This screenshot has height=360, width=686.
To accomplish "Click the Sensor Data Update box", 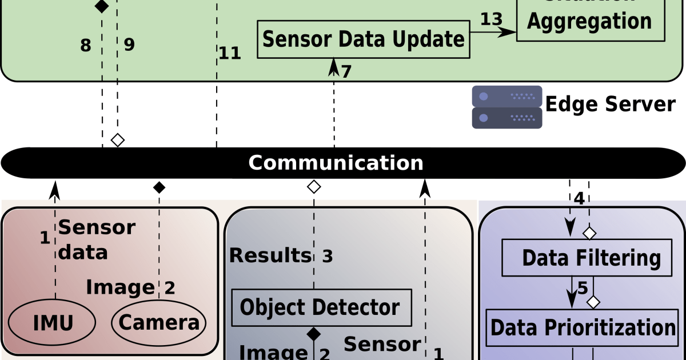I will tap(363, 39).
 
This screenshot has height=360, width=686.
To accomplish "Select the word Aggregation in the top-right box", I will tap(589, 21).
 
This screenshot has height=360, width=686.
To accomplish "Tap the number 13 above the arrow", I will tap(491, 19).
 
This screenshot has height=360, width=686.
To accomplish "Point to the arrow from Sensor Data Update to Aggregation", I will tap(493, 33).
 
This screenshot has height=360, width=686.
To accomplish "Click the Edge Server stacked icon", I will tap(506, 107).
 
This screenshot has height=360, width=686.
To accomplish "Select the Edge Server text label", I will tap(610, 105).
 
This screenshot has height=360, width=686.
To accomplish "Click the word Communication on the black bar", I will tap(336, 163).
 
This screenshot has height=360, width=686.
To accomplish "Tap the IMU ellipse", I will tap(53, 323).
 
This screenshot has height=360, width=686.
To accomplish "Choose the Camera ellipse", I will tap(158, 323).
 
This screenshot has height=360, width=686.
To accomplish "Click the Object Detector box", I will tap(321, 307).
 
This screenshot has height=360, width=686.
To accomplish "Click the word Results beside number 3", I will tap(270, 255).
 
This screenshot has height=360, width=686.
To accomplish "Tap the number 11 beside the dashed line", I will tap(230, 54).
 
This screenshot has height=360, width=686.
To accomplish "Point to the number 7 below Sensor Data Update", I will tap(346, 71).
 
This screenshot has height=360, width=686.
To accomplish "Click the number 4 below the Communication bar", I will tap(579, 199).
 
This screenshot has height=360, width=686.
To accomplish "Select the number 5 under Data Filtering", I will tap(582, 289).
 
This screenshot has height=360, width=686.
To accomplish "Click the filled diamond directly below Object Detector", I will tap(313, 333).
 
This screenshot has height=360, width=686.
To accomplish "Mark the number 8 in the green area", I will tap(85, 46).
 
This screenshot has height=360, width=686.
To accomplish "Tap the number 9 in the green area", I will tap(129, 45).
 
